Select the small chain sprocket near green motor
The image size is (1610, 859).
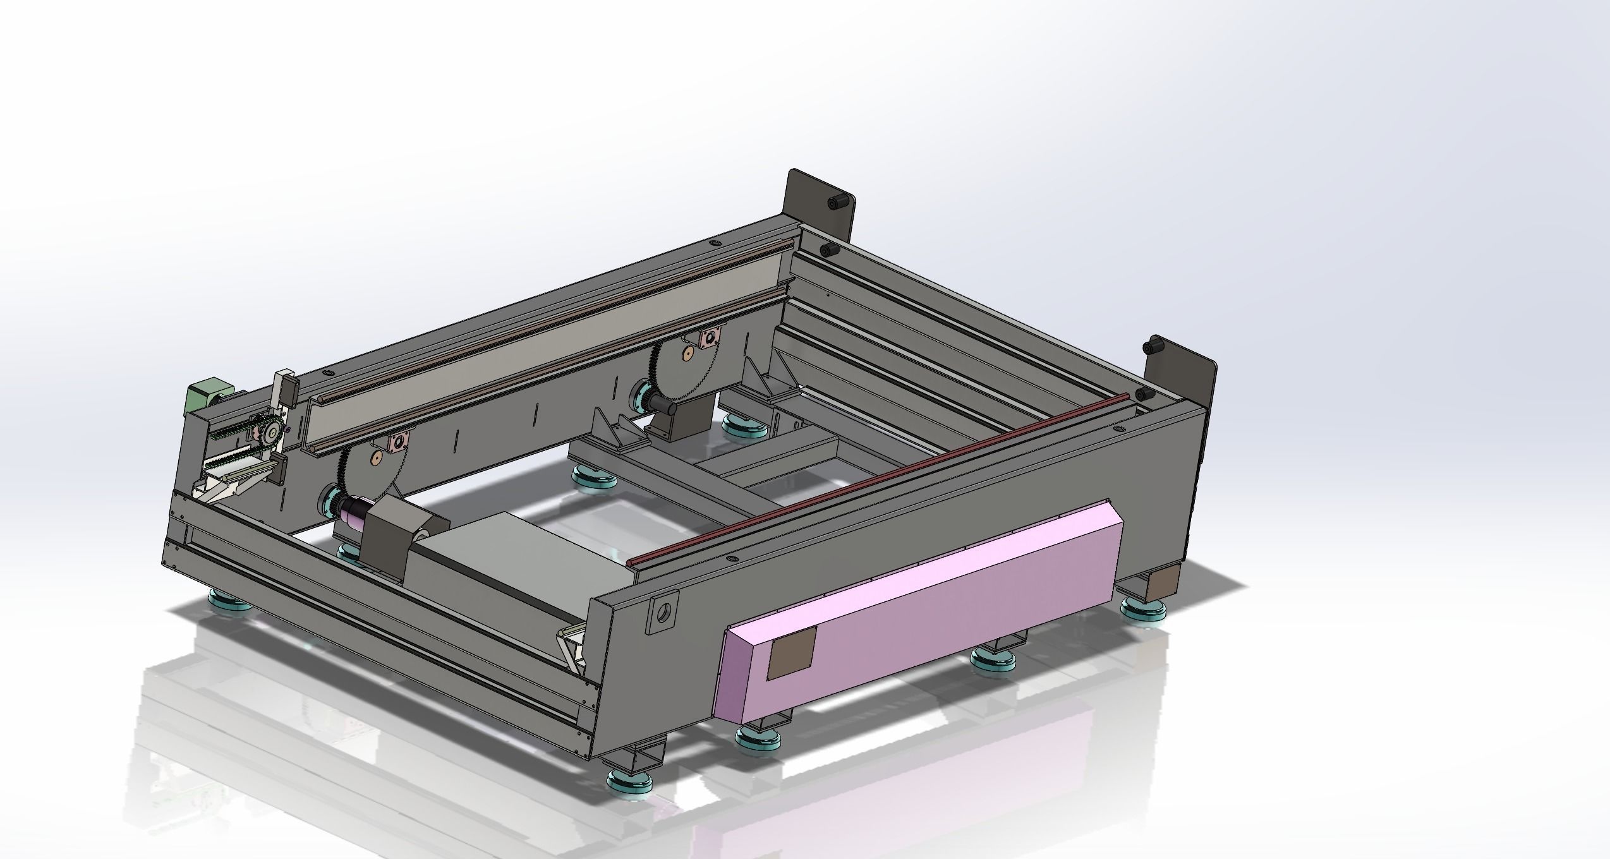[272, 432]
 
